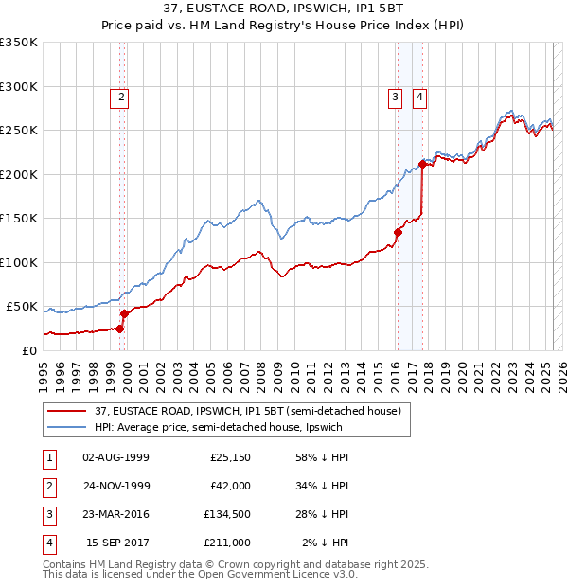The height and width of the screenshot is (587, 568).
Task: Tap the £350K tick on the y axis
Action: (x=19, y=43)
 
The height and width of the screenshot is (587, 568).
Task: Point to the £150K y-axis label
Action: (x=19, y=219)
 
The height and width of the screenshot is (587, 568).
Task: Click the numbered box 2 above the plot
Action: (x=123, y=95)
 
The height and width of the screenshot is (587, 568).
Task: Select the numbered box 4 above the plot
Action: (x=418, y=95)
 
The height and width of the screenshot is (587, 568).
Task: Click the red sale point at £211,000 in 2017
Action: (x=422, y=165)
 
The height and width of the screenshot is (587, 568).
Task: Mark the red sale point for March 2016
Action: (x=398, y=232)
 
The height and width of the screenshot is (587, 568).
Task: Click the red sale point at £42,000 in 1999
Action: (x=124, y=313)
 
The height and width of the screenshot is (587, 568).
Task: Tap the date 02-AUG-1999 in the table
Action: (x=116, y=457)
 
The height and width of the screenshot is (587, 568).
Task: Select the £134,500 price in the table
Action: (x=226, y=514)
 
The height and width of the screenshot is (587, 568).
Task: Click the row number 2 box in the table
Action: (x=48, y=486)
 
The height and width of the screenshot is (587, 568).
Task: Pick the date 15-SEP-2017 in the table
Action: (x=116, y=543)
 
